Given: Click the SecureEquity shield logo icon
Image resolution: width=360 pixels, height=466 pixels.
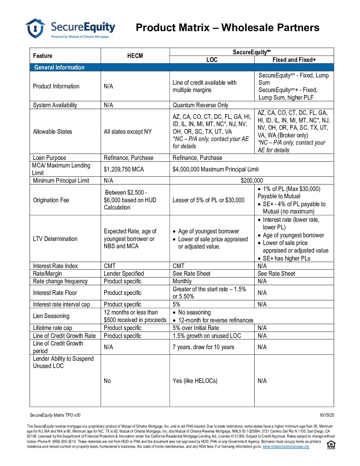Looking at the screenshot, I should [x=35, y=28].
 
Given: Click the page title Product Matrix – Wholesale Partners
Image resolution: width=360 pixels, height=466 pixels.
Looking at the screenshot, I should [x=227, y=27].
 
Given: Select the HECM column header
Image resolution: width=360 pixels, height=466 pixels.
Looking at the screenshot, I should [x=135, y=56].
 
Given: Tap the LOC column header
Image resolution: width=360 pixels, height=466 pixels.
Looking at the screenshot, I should [x=212, y=60].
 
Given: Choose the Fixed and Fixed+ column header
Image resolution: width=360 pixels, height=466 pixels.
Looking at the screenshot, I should [x=294, y=60].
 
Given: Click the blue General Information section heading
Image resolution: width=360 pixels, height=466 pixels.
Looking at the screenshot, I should [x=59, y=67].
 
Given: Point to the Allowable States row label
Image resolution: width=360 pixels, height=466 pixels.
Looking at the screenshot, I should [x=52, y=131].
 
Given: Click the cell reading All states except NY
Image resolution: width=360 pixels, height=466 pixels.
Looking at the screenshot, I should [x=127, y=131].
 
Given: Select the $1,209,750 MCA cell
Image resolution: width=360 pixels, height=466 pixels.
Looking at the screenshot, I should [x=124, y=169].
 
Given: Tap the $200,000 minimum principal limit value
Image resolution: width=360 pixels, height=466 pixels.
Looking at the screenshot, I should [x=251, y=180].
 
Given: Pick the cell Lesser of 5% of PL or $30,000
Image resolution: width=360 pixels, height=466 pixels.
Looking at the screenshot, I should [x=208, y=200].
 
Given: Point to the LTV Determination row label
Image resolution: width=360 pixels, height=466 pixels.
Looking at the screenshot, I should [x=55, y=239].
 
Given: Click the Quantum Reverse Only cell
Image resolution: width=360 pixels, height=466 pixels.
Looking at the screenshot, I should [x=200, y=105].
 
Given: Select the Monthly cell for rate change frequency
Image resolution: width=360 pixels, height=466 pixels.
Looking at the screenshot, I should [x=182, y=281].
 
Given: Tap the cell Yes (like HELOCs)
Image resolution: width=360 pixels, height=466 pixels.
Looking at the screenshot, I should [x=195, y=381].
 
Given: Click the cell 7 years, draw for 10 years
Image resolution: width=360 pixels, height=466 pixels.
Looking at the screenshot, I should [x=203, y=347].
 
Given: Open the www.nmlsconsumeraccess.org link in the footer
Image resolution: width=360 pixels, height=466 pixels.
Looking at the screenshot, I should [x=286, y=446].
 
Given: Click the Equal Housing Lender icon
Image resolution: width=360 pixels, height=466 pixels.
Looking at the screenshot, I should [x=331, y=445].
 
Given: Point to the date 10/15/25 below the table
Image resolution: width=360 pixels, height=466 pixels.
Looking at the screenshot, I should [x=327, y=415].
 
